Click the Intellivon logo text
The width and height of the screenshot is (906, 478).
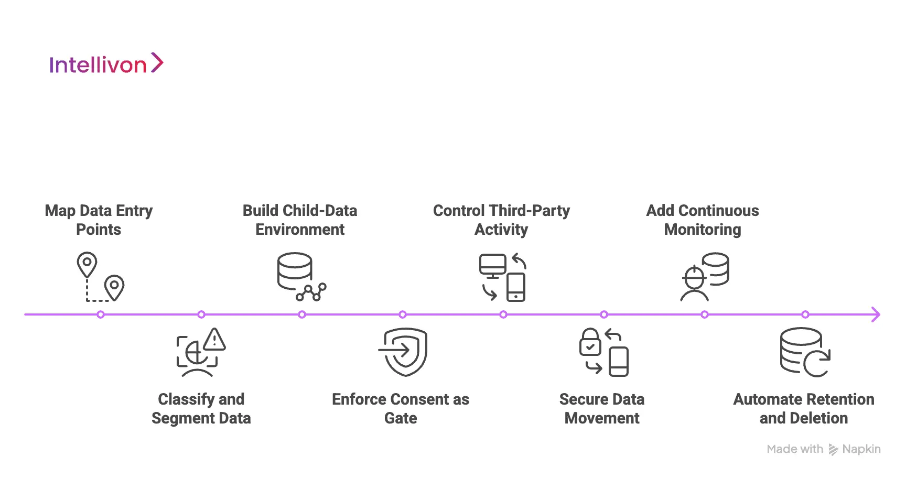(x=98, y=65)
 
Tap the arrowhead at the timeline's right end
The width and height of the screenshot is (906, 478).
(x=876, y=314)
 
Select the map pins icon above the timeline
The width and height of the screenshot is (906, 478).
(x=100, y=277)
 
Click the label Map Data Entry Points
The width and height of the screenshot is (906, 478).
(x=99, y=220)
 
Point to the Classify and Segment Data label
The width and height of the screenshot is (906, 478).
(x=201, y=408)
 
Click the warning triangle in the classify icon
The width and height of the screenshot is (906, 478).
(x=214, y=340)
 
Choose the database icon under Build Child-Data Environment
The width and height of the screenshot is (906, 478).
(x=295, y=271)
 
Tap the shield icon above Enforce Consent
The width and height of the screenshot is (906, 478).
(x=403, y=352)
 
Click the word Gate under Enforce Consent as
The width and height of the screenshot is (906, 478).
(x=401, y=418)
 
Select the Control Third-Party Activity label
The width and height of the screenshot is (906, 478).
(x=501, y=220)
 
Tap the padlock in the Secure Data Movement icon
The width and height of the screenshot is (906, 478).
(x=590, y=342)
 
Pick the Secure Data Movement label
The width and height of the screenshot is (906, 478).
(x=602, y=408)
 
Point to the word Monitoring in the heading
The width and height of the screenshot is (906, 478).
(x=703, y=230)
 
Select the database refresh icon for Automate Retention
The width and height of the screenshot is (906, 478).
(x=804, y=352)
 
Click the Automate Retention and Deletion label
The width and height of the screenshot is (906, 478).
(x=803, y=408)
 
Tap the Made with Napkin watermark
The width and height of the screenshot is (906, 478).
(x=823, y=449)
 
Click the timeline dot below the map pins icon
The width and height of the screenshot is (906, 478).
(x=101, y=314)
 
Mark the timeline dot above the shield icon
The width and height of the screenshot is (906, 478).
(x=403, y=314)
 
